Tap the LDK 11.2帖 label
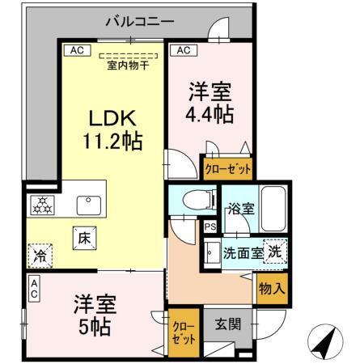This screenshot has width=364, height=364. click(x=112, y=129)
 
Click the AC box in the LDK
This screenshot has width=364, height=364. click(x=77, y=50)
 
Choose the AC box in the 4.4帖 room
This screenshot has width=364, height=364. click(x=183, y=50)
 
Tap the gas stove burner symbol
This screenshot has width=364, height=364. click(x=41, y=205)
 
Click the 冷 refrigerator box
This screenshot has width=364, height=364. click(x=40, y=255)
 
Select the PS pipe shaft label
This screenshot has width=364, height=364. click(x=209, y=227)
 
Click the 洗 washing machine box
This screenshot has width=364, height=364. click(x=275, y=251)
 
